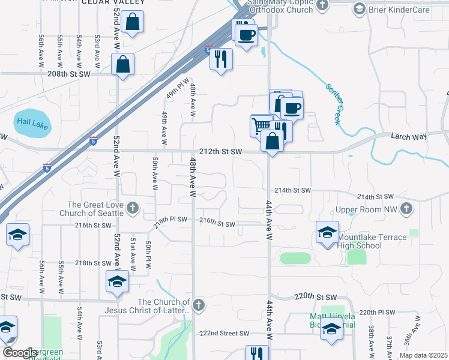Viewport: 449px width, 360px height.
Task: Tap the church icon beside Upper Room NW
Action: (407, 209)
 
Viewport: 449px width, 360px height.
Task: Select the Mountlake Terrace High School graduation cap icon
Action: (327, 233)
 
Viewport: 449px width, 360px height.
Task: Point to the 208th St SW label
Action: (68, 74)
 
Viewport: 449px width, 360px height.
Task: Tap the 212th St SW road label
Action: (220, 152)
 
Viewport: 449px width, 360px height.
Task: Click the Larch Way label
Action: (409, 137)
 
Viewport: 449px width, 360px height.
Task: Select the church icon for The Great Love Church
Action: (133, 209)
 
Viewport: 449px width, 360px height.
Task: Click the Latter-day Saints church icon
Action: (199, 305)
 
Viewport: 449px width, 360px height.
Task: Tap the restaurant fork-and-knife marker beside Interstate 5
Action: (221, 59)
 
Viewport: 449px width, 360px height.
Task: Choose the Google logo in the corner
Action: (20, 352)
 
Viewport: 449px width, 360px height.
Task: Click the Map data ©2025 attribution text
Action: (424, 355)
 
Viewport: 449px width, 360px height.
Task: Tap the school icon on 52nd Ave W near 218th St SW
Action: (117, 280)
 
